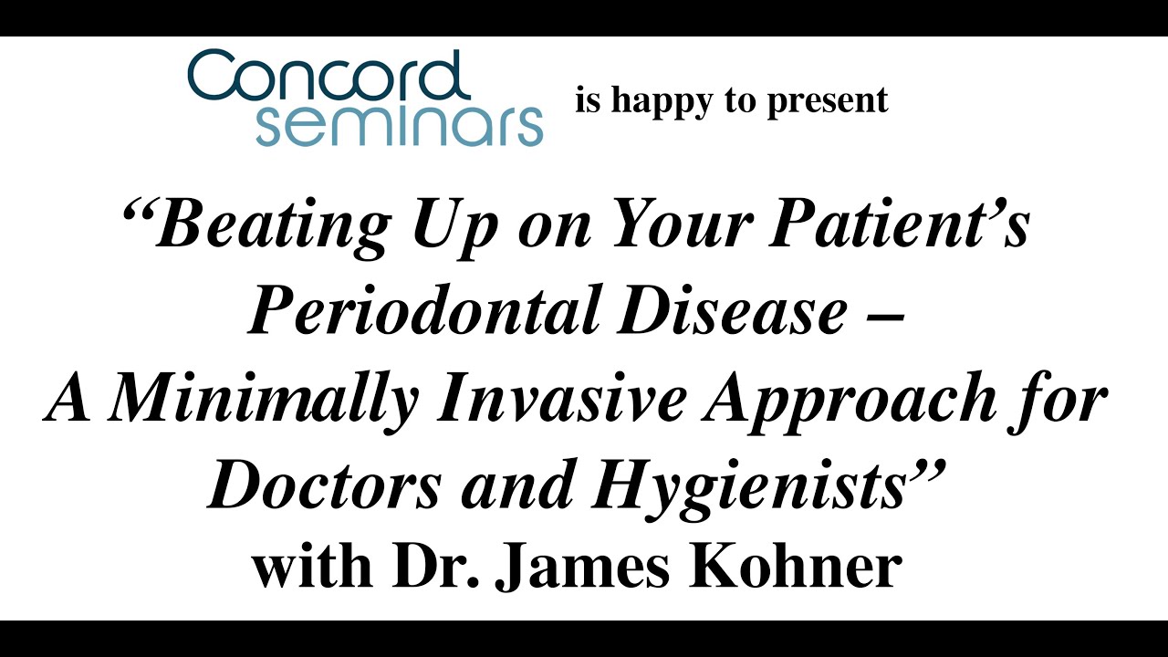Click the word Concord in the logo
pyautogui.click(x=328, y=77)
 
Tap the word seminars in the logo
pyautogui.click(x=399, y=125)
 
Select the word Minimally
pyautogui.click(x=265, y=400)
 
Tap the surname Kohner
pyautogui.click(x=814, y=567)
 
